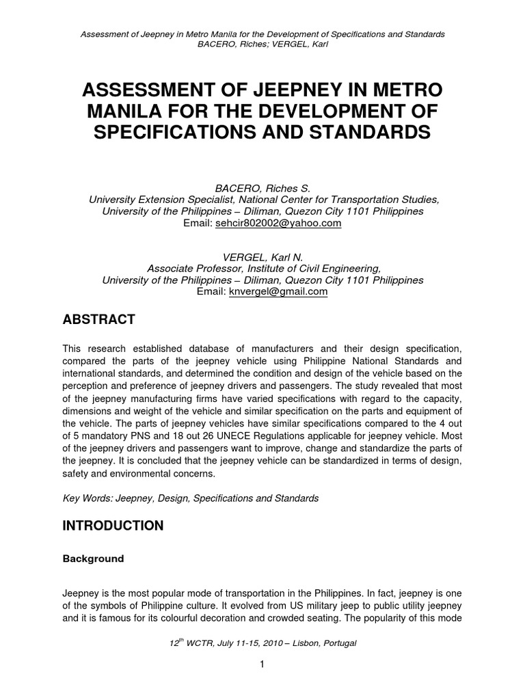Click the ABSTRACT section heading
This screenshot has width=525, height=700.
99,319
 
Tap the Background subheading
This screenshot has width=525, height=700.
94,558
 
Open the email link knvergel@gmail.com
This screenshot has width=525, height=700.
279,291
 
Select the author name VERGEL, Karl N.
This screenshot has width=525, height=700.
262,256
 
